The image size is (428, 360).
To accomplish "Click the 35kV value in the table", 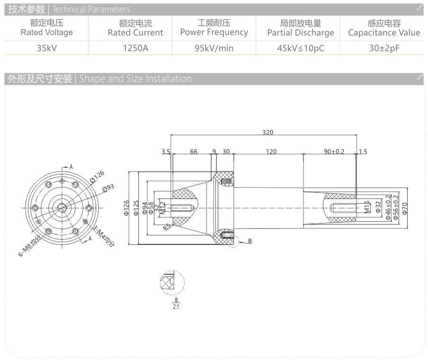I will pos(46,48).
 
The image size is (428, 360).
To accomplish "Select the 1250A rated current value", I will pos(135,48).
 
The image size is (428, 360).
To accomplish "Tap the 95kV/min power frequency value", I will pos(214,48).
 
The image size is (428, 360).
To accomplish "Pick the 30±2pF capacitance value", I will pos(384,48).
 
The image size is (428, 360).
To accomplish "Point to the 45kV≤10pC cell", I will pos(300,48).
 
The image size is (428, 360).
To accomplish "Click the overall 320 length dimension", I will pos(268,133).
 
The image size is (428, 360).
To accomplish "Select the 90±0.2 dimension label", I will pos(334,152).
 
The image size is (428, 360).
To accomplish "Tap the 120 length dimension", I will pos(271,152).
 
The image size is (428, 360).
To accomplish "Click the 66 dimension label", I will pos(193,152).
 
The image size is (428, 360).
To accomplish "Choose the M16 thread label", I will pos(367,207).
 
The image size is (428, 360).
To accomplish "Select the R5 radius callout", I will pos(166,226).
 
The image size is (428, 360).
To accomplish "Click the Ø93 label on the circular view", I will pos(109,188).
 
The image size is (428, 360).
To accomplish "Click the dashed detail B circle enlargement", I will pos(171,283).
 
